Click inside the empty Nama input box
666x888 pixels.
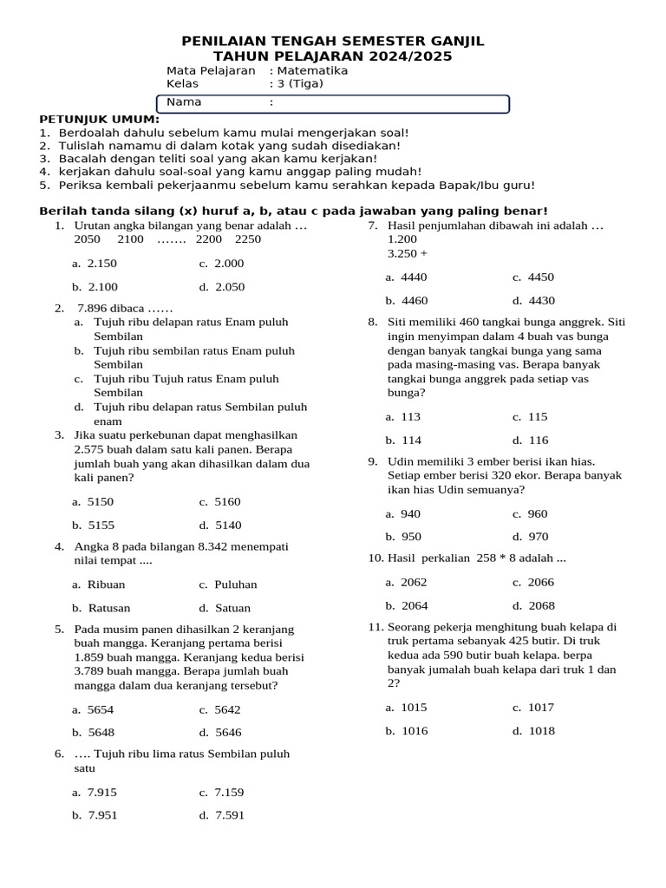[390, 103]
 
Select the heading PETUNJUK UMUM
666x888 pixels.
[99, 119]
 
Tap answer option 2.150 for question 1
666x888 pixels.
[102, 264]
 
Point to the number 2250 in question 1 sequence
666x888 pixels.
[247, 239]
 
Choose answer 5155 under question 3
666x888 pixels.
[101, 525]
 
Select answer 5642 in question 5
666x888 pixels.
[228, 709]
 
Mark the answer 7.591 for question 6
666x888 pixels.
[229, 815]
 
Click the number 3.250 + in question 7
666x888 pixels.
[407, 253]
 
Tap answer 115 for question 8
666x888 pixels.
[538, 416]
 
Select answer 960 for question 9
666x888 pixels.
[538, 513]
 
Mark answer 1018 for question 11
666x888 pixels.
[541, 730]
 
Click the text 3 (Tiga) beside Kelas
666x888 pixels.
[299, 84]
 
